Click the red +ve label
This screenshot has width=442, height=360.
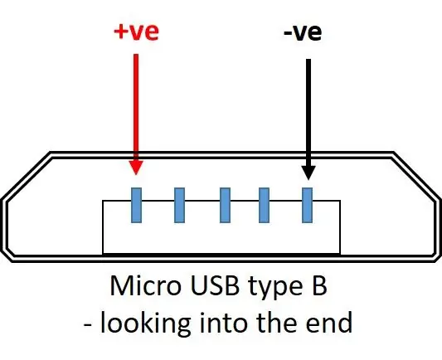[137, 32]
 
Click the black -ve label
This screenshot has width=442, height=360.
[303, 33]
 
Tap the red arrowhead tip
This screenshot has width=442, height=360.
[136, 175]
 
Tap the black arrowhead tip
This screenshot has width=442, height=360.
[308, 180]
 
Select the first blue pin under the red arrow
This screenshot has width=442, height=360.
[137, 205]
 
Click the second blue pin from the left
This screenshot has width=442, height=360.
[180, 205]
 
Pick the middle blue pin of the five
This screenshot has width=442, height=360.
[225, 205]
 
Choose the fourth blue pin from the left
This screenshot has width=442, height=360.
[265, 205]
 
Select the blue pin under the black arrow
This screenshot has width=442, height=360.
[308, 205]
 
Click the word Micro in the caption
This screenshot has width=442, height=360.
[145, 285]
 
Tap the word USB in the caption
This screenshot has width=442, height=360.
[215, 285]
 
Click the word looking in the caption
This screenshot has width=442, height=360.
[145, 323]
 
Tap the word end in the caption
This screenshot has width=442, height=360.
[329, 322]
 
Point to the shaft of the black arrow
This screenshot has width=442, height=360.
[308, 113]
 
